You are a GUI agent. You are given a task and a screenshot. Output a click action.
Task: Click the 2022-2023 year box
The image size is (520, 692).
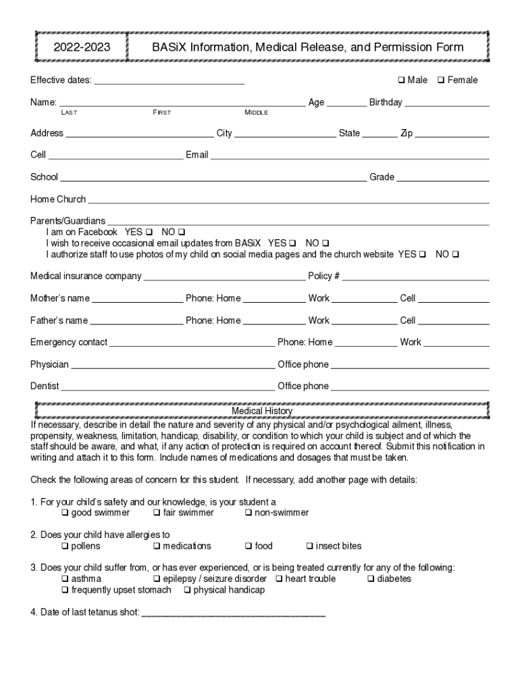point(82,47)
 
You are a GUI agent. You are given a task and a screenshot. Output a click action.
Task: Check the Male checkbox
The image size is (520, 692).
point(401,80)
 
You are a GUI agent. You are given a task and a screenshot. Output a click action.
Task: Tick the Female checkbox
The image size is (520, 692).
point(440,80)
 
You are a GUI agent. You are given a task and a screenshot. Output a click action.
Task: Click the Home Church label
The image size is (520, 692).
point(58,199)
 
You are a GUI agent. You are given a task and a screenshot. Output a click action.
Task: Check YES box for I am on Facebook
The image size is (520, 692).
point(149,232)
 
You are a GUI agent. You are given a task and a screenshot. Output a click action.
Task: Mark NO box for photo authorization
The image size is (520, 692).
point(455,255)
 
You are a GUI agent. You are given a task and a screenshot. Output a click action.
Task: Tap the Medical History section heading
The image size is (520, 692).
point(262,411)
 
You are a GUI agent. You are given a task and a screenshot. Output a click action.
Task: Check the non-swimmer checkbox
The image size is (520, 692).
point(249,513)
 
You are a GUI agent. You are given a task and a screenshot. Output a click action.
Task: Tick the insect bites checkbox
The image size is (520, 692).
point(310,546)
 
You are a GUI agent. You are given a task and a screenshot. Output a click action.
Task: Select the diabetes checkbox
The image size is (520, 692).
point(371,579)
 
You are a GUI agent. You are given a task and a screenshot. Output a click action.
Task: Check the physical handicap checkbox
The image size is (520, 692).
point(187,591)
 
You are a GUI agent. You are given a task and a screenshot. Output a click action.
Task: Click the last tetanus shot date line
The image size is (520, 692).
point(234,614)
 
